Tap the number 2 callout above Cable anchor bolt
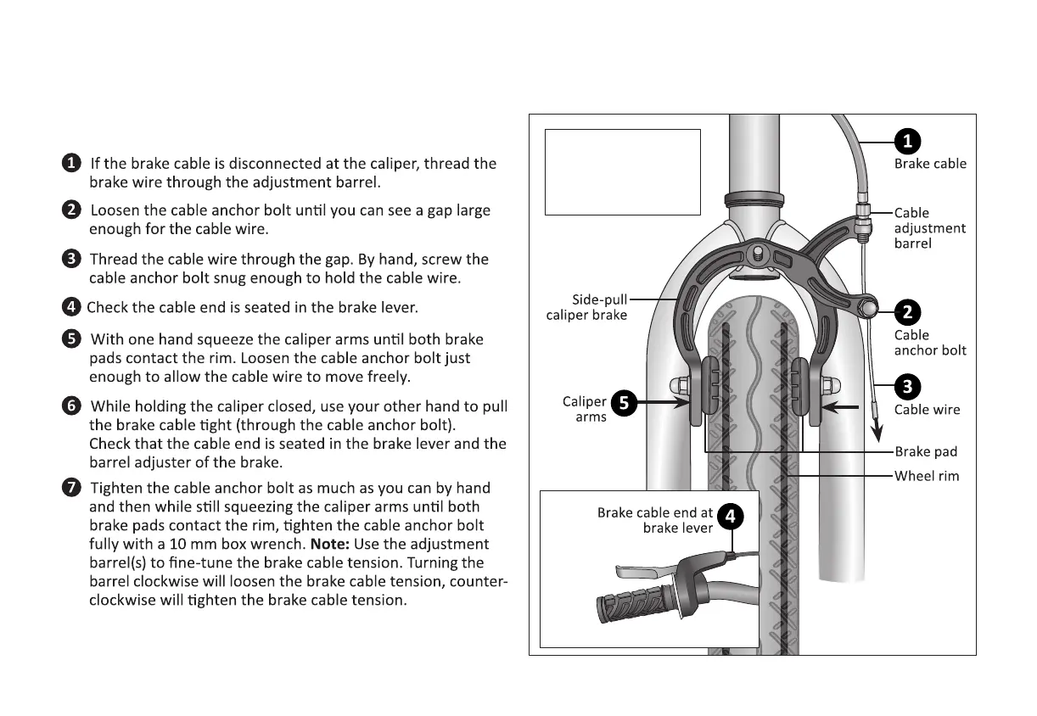[x=907, y=312]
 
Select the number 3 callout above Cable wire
[x=907, y=388]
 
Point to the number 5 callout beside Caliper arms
[x=624, y=404]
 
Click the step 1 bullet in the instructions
[x=72, y=162]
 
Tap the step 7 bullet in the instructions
[x=72, y=487]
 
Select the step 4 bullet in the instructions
[x=72, y=306]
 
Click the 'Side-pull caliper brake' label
[x=586, y=307]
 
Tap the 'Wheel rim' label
[x=927, y=476]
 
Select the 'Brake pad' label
[x=926, y=452]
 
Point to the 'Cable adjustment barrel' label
[x=929, y=228]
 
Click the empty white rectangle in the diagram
[x=622, y=172]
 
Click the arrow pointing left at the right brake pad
[x=844, y=407]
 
